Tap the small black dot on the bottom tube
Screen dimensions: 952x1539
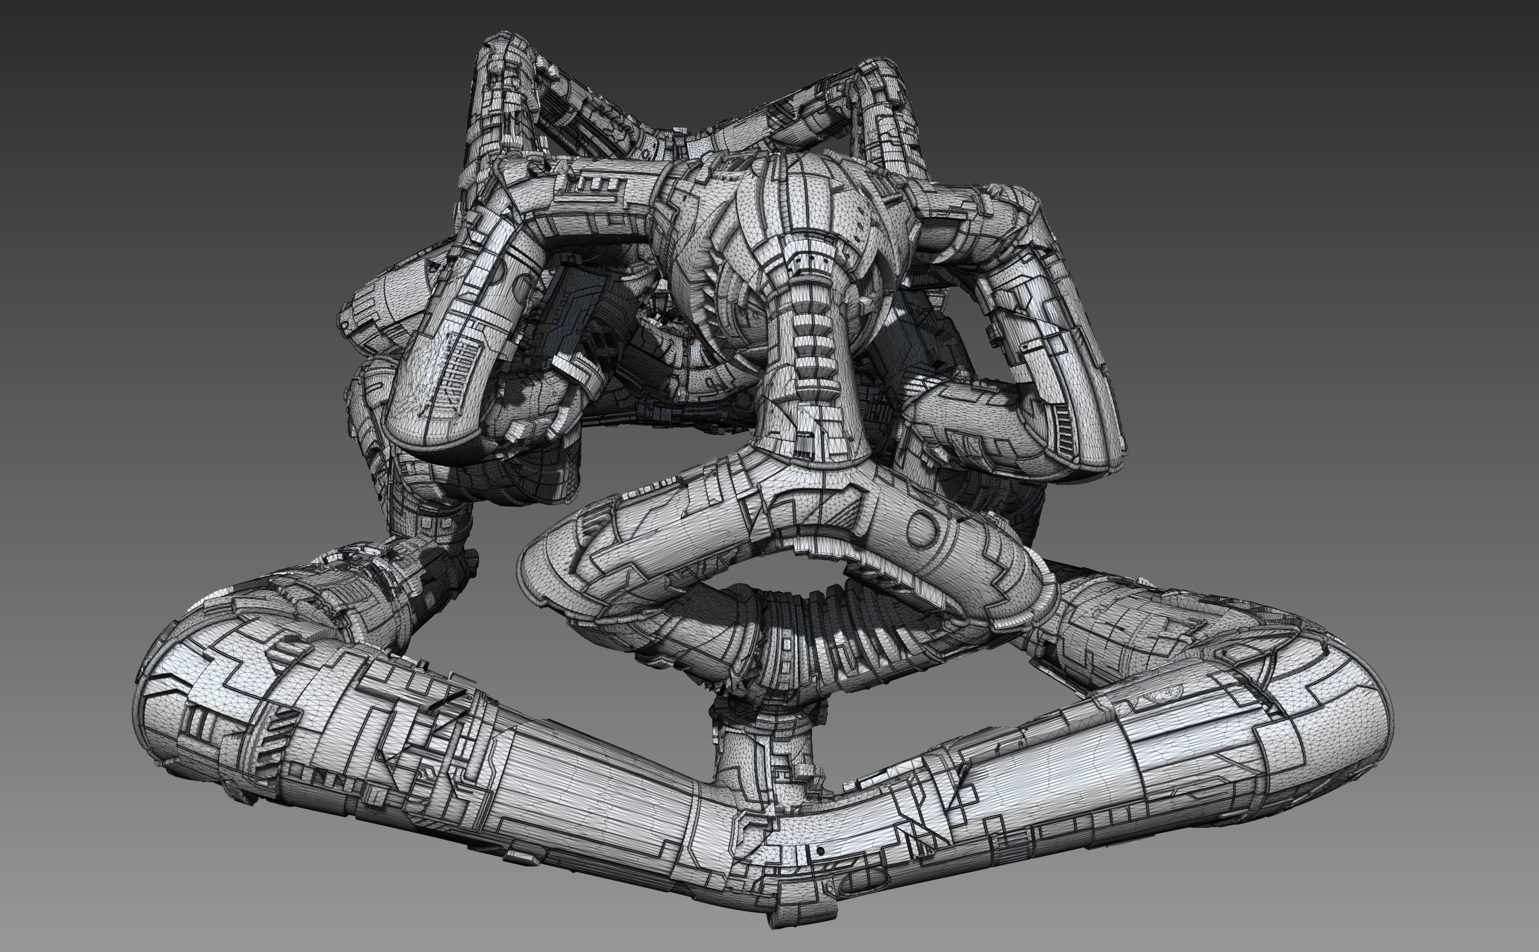click(820, 851)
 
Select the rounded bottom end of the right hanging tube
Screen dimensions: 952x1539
click(1083, 454)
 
